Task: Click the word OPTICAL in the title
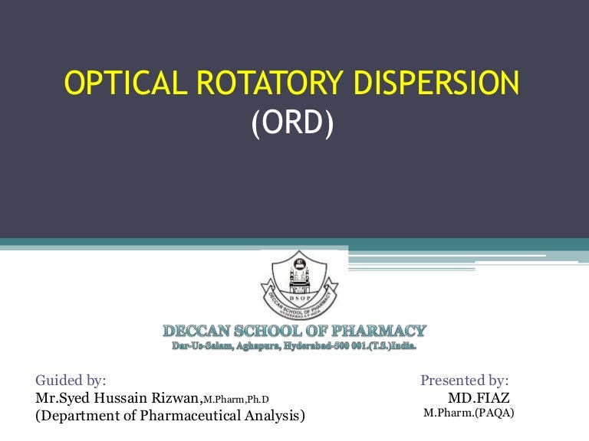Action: point(126,83)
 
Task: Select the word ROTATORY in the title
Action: point(270,83)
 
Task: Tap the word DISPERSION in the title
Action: point(436,83)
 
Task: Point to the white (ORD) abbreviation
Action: point(292,123)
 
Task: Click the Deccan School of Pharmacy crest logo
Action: point(299,285)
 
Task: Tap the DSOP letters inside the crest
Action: point(300,298)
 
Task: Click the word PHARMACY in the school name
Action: point(379,331)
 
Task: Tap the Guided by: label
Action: point(71,381)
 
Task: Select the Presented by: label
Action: point(465,381)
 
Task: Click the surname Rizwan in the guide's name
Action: point(176,398)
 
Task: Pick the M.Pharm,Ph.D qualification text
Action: point(236,400)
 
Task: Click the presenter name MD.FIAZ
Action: point(479,397)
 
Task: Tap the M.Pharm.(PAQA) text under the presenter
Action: point(469,413)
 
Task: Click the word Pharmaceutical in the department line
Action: point(190,416)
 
